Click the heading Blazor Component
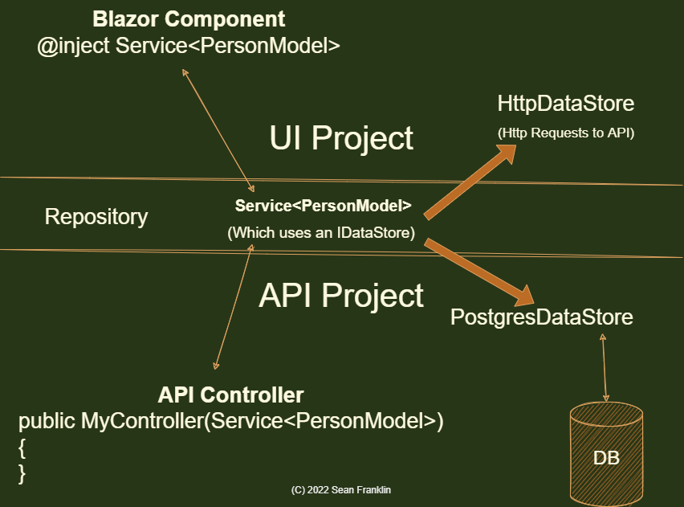pos(189,18)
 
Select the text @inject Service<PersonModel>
pos(189,46)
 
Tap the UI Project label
pos(341,138)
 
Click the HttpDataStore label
pos(566,104)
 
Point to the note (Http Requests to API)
pos(566,133)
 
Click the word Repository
pos(96,216)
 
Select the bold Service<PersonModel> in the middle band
pos(324,206)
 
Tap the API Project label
pos(341,296)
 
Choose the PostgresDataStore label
pos(542,317)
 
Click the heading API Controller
pos(231,395)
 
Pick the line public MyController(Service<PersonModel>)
pos(231,420)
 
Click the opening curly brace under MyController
pos(22,447)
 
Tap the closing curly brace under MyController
pos(22,473)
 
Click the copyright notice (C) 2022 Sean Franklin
pos(341,489)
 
